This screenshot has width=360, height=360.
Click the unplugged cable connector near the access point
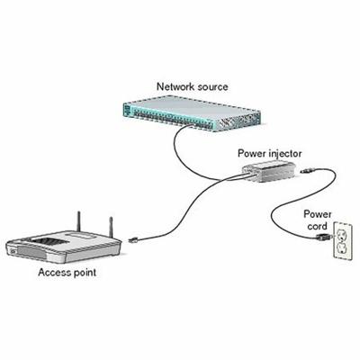coord(133,239)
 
